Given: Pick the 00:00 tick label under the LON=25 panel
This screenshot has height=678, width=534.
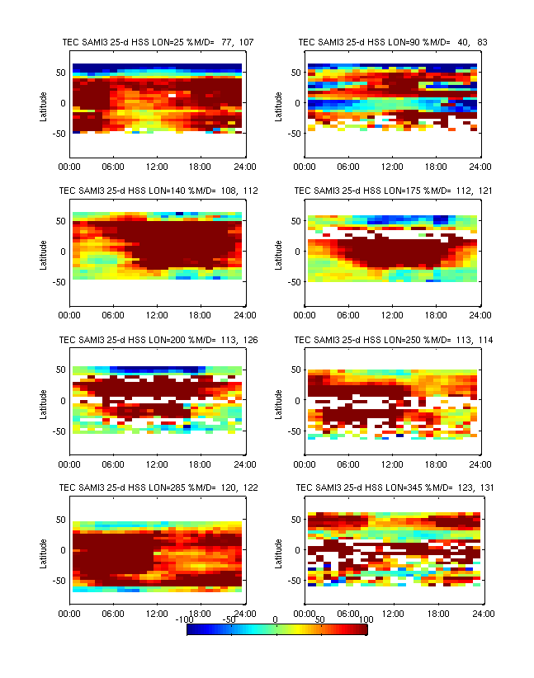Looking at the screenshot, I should coord(69,166).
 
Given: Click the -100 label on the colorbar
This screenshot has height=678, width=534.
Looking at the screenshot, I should coord(189,619).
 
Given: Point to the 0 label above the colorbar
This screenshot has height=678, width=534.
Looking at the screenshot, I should coord(276,619).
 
